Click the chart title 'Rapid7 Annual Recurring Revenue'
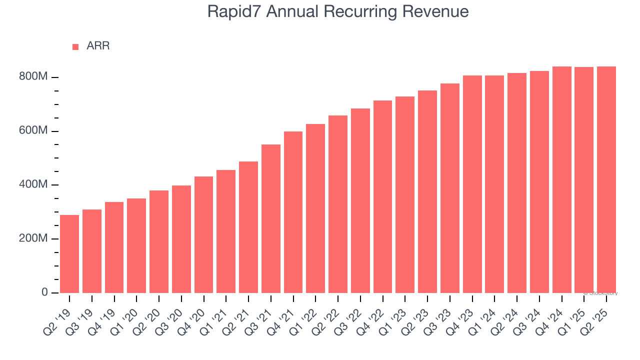338,12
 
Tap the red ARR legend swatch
75,46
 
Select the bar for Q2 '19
69,254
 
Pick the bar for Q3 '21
271,218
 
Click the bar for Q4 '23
472,184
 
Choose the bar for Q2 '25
606,179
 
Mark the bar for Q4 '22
382,196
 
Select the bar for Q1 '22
315,208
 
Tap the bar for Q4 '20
203,234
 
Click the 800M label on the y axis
33,77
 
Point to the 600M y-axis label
33,131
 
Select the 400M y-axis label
33,185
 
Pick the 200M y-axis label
33,238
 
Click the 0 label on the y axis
44,292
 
